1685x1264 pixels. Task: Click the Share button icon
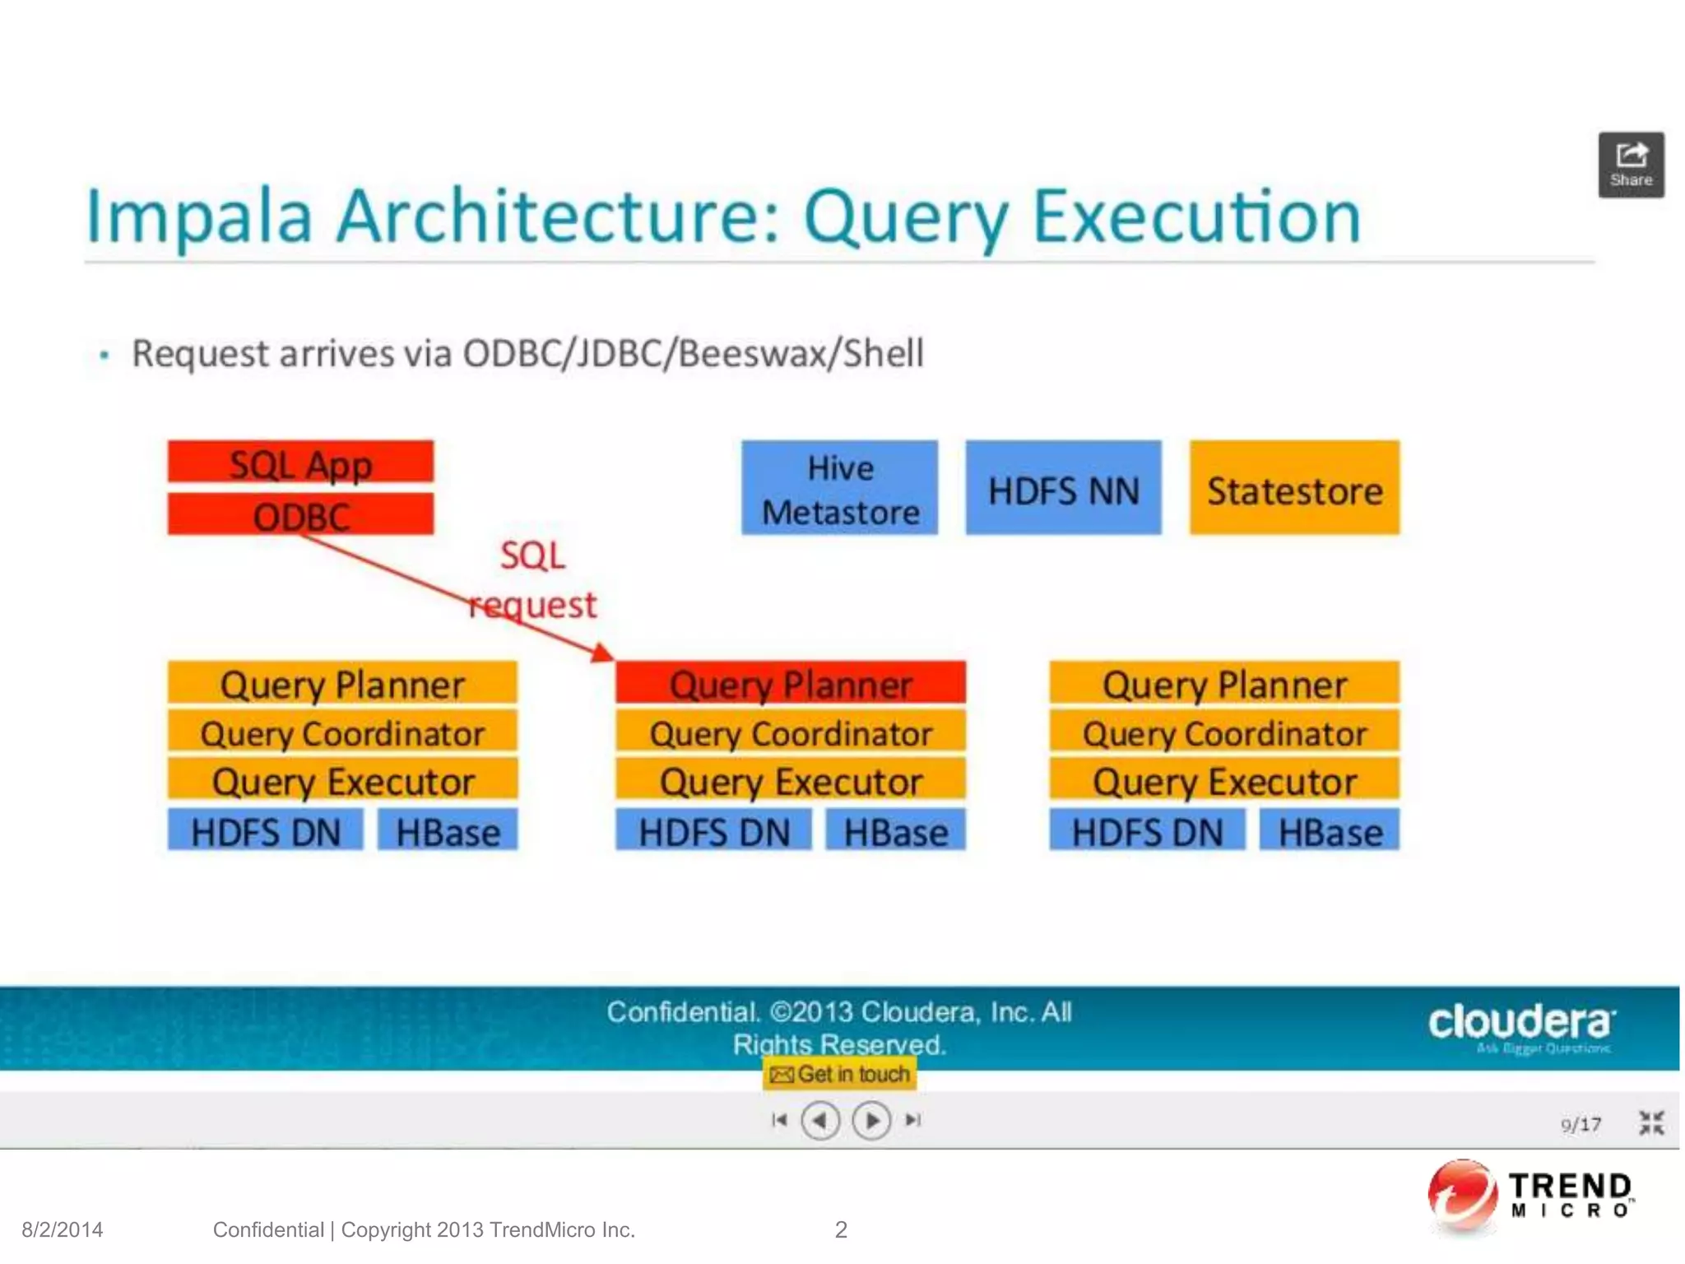(1631, 164)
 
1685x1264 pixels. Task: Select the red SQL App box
(300, 462)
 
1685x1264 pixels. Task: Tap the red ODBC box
(300, 514)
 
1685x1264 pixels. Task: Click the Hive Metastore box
(839, 488)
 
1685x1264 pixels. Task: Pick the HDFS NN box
(1063, 488)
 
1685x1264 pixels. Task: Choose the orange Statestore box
(1294, 488)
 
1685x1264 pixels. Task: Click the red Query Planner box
(790, 682)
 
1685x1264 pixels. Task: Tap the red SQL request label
(533, 580)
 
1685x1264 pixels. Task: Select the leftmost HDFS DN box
(265, 829)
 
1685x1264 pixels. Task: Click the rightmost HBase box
(1329, 829)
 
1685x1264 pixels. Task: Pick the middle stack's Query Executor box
(790, 779)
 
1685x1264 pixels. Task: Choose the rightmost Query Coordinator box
(1224, 732)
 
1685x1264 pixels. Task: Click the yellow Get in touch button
(839, 1074)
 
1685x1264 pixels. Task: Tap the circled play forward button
(872, 1120)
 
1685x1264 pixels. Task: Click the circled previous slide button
(819, 1120)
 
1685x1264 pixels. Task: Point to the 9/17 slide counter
(1581, 1124)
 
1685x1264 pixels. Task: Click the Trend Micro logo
(1530, 1196)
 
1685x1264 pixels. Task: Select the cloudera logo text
(1520, 1021)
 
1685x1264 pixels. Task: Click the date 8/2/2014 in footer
(63, 1229)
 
